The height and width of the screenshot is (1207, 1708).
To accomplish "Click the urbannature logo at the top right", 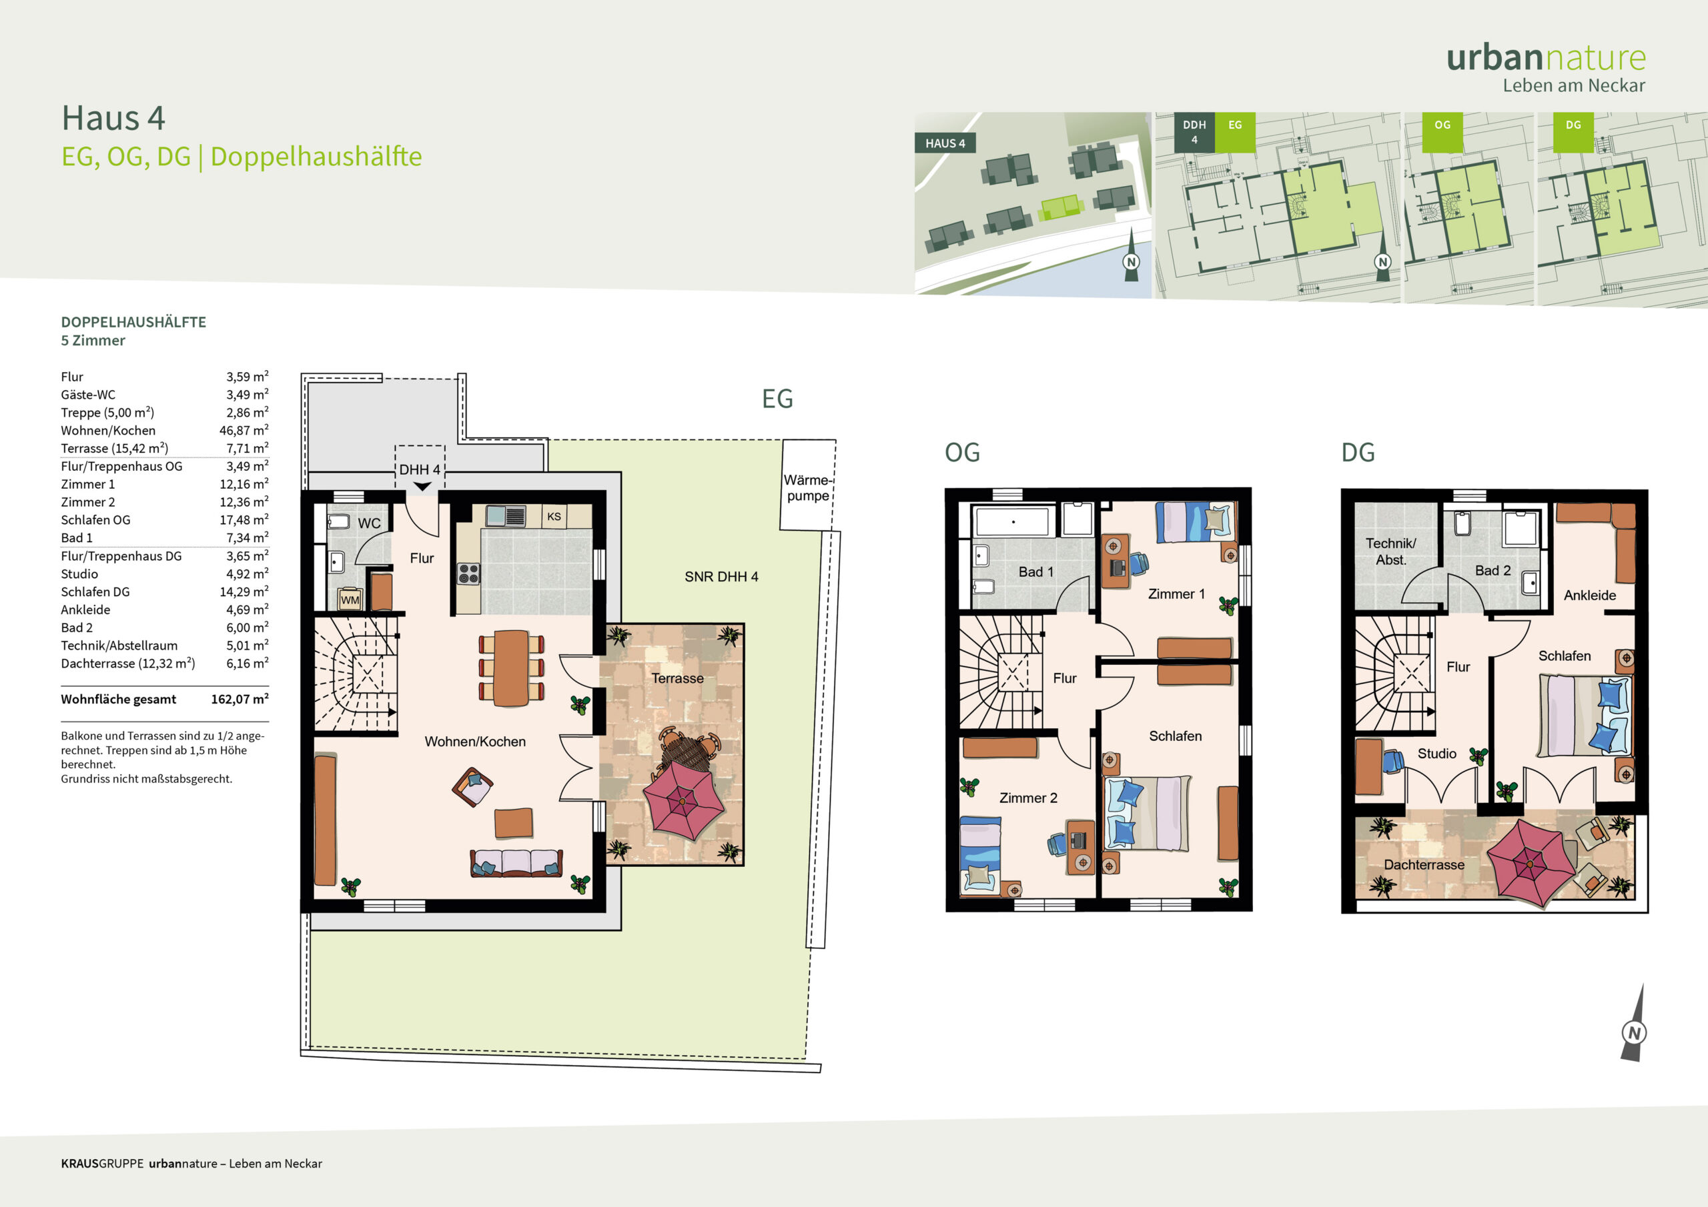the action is coord(1546,67).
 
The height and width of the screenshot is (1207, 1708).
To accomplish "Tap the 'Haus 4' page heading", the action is coord(113,117).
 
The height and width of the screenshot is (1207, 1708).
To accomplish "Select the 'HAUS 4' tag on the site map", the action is coord(945,143).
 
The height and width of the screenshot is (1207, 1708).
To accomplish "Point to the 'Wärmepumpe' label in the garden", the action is coord(807,488).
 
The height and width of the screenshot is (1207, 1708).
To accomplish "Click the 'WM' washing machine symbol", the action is coord(350,599).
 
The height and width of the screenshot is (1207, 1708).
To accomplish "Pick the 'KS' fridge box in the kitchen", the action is coord(554,516).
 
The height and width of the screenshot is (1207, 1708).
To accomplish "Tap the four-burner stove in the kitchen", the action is coord(468,573).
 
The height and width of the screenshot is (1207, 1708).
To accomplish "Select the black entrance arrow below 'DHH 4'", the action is coord(422,486).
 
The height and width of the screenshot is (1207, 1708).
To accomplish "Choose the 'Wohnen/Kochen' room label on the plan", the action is coord(474,742).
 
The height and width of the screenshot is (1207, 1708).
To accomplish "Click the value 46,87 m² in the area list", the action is coord(244,430).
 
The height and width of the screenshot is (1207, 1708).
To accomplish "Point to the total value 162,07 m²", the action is coord(240,699).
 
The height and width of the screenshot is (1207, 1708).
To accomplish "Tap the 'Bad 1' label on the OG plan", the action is coord(1035,572).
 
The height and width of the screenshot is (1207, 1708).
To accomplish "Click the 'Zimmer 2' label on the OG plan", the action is coord(1028,798).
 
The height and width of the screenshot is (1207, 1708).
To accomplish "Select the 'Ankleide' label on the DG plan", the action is coord(1590,595).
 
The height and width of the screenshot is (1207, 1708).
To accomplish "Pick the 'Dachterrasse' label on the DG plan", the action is coord(1424,865).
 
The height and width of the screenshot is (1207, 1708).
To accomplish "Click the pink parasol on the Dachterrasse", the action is coord(1529,864).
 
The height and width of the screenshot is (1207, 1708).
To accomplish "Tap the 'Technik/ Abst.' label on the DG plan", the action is coord(1390,551).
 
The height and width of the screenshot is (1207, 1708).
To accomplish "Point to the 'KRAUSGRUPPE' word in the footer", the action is coord(103,1163).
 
